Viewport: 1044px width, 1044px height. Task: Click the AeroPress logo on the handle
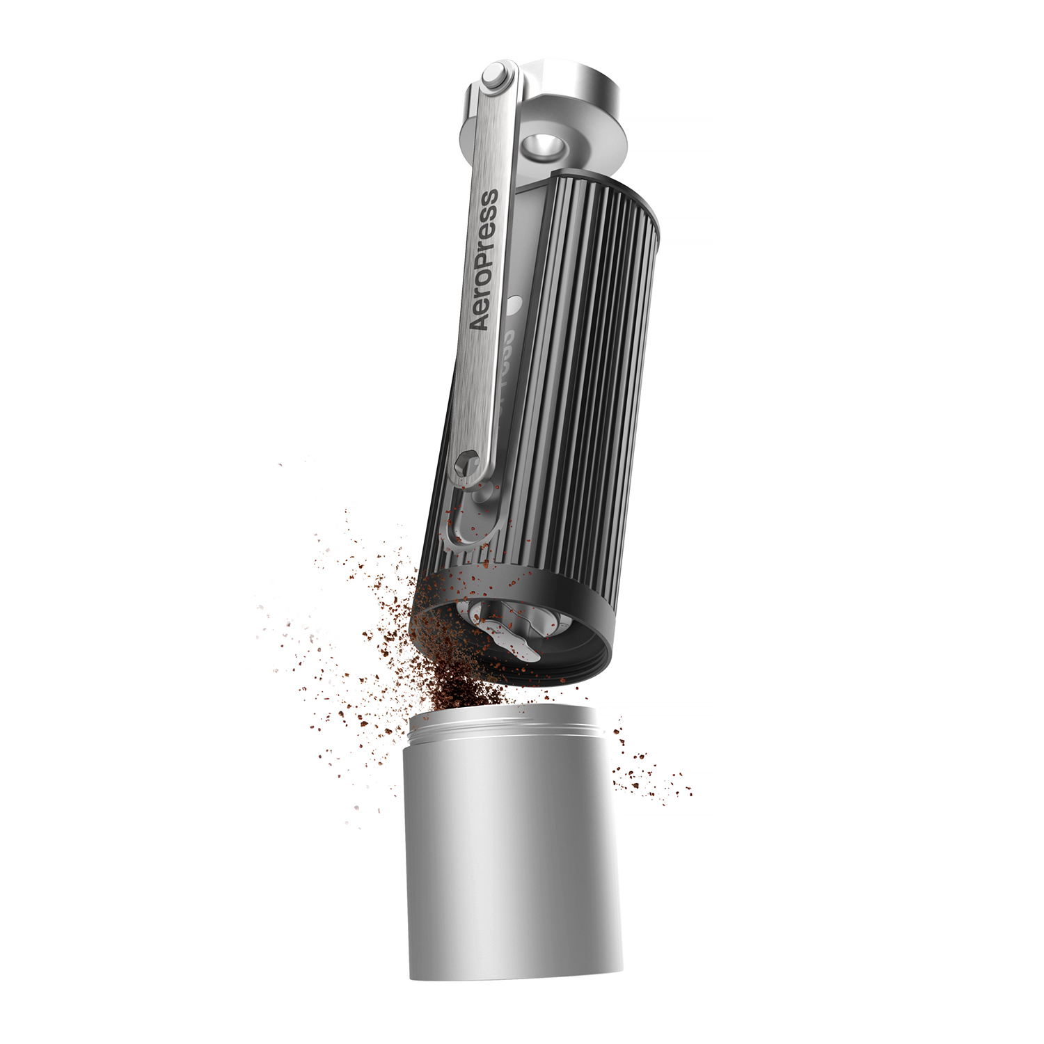tap(484, 259)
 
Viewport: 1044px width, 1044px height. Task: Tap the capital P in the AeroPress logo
tap(487, 240)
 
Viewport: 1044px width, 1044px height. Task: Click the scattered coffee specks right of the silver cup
tap(647, 773)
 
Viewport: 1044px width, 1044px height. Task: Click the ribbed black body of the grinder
tap(585, 383)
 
